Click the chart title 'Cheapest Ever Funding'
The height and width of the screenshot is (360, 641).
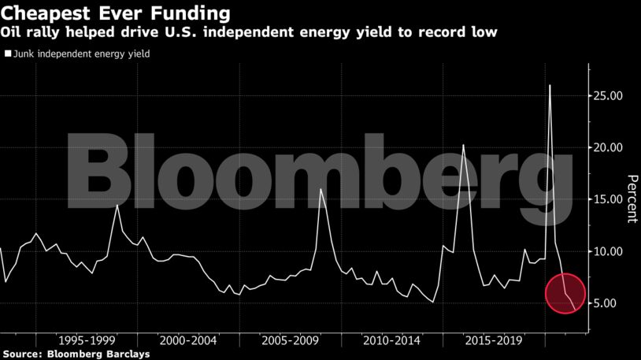coord(116,13)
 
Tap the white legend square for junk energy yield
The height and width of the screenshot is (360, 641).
coord(8,54)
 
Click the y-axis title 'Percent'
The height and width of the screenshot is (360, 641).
coord(631,199)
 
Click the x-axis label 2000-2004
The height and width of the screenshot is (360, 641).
coord(187,340)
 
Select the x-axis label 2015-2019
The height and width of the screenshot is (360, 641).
coord(491,340)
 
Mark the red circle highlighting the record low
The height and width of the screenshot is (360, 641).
coord(565,293)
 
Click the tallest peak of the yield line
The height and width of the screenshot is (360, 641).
coord(549,85)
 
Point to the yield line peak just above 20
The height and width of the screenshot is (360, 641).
coord(463,145)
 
